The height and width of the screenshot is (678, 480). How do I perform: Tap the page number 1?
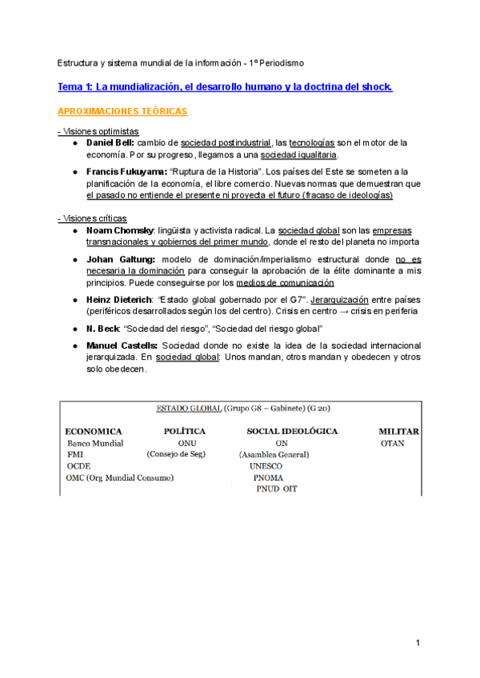418,643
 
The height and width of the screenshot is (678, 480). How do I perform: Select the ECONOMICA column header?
94,431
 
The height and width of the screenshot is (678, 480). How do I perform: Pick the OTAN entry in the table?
392,443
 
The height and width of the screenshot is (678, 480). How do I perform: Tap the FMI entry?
75,454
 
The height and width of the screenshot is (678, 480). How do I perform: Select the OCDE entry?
79,466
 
